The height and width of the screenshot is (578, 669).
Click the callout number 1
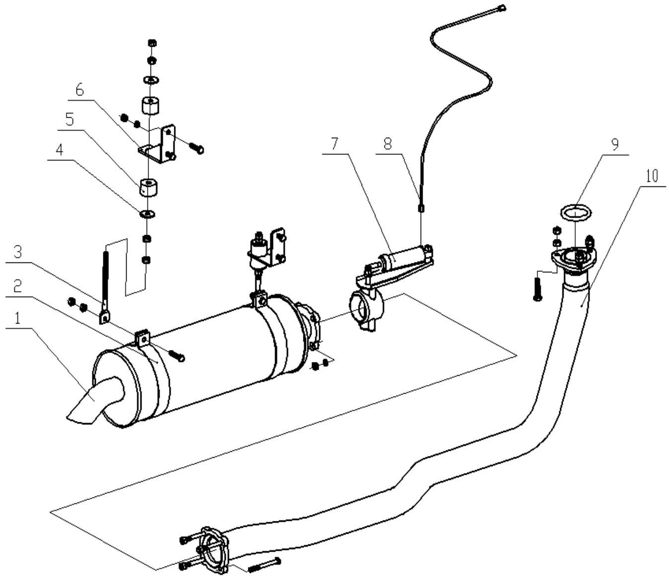pos(18,319)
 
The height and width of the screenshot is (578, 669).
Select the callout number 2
pos(18,286)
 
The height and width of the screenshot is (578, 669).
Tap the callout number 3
pos(18,252)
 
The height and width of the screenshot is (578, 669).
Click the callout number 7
pos(334,144)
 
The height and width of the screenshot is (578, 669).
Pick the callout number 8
pos(388,144)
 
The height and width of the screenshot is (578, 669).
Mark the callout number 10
pos(652,175)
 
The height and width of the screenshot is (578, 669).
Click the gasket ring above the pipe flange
pos(576,213)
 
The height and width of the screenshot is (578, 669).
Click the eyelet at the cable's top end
pos(502,8)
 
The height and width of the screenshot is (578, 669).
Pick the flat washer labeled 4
pos(148,214)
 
